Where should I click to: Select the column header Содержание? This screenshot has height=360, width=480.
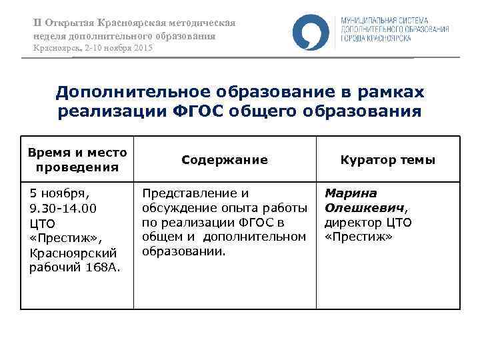224,160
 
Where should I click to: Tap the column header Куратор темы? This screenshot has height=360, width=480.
387,160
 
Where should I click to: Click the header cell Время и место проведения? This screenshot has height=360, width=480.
77,160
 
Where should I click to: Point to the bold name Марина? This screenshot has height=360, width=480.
347,193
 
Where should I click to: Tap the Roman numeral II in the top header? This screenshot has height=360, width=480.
37,23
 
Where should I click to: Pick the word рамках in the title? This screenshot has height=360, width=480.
393,91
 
